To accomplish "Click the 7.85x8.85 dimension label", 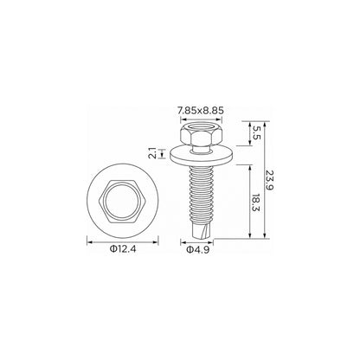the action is point(201,111).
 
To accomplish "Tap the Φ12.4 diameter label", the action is point(123,249).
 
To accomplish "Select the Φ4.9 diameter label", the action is point(197,250).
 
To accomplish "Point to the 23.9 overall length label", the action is point(270,180).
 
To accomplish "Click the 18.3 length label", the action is point(255,202).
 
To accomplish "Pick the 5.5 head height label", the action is point(255,133).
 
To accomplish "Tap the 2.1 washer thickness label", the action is point(153,153).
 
